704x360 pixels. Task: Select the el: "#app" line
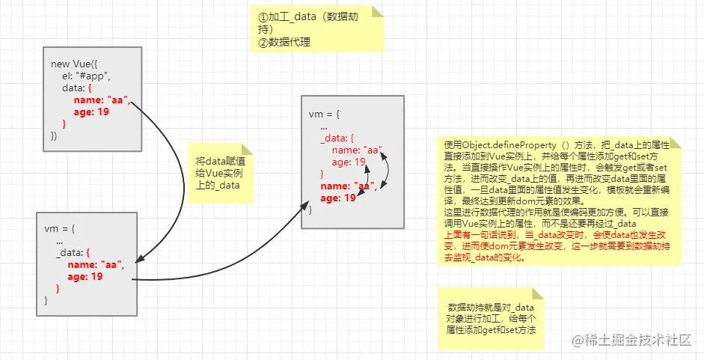[87, 76]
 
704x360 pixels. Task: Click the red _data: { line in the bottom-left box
[73, 253]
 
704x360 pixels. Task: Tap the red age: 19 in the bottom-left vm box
[85, 277]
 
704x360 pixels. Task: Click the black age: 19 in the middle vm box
[349, 162]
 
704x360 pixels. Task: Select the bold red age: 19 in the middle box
[338, 198]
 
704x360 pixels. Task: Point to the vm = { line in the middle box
[325, 114]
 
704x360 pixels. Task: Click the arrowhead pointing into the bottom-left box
[141, 258]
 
